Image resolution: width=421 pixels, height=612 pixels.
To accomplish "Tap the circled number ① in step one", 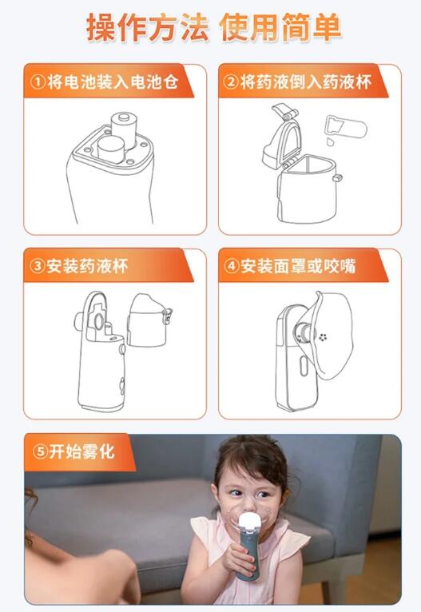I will click(38, 81).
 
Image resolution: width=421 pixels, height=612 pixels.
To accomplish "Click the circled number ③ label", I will click(38, 266).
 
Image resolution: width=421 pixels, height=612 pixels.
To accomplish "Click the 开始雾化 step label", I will click(84, 451).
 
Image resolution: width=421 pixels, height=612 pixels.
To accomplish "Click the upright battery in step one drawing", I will click(125, 126).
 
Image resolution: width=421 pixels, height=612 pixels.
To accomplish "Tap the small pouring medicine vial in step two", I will click(343, 126).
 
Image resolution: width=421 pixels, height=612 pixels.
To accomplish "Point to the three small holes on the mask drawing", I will click(324, 336).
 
